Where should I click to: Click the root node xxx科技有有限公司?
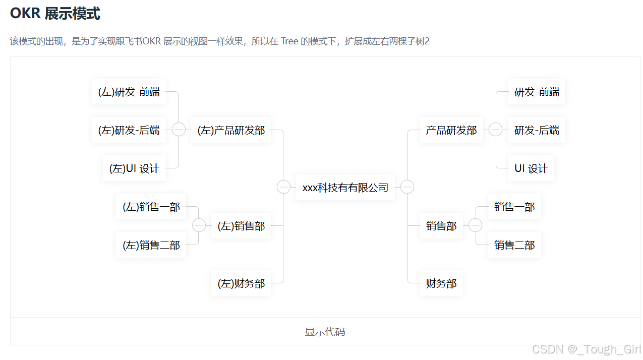[x=345, y=188]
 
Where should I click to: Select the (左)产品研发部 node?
[x=231, y=130]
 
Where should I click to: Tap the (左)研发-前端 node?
[x=129, y=92]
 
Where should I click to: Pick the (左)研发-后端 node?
[x=129, y=130]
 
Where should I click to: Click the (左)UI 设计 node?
[x=134, y=168]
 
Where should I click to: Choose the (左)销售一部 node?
[x=151, y=207]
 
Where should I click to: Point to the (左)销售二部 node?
[x=151, y=245]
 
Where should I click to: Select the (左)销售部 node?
[x=241, y=226]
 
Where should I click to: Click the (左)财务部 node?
[x=241, y=283]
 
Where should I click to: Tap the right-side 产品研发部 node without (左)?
[x=451, y=130]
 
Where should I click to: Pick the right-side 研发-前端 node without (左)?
[x=537, y=92]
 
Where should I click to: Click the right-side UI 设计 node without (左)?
[x=531, y=168]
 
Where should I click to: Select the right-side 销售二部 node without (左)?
[x=514, y=245]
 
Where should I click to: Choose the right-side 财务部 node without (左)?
[x=441, y=283]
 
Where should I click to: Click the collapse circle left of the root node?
[x=283, y=187]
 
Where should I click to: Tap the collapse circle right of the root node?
[x=407, y=187]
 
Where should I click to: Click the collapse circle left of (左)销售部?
[x=199, y=225]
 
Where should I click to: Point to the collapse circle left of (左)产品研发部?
[x=179, y=130]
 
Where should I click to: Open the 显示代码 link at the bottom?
[x=325, y=332]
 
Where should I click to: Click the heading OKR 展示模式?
[x=55, y=14]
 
